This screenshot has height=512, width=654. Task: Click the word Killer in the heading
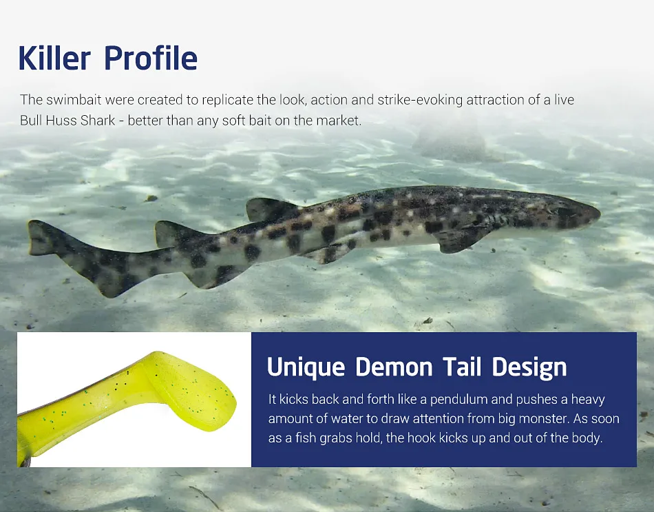click(54, 58)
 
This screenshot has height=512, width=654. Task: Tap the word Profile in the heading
click(151, 58)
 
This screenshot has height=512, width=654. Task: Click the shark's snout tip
click(600, 214)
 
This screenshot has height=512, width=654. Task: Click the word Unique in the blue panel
click(306, 367)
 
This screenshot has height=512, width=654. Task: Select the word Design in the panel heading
click(529, 367)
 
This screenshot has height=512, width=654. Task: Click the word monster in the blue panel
click(544, 418)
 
